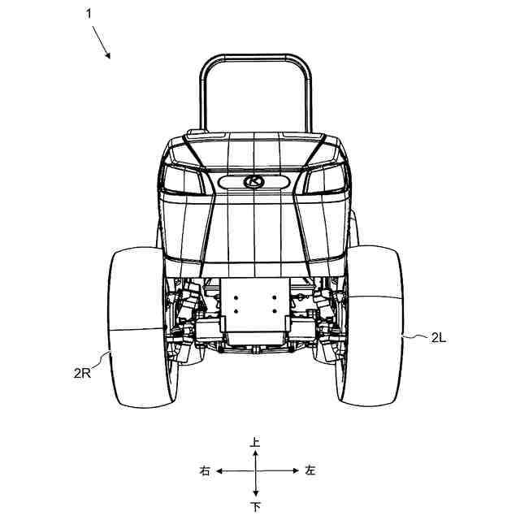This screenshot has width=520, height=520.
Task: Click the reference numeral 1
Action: pos(89,14)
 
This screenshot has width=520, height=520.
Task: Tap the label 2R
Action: pos(82,374)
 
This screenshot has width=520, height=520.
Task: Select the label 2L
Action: pos(439,338)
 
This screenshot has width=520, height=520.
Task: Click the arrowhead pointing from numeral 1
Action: pos(107,55)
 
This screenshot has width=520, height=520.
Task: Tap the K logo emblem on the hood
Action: pos(254,181)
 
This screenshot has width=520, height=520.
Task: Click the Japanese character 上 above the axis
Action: pos(254,442)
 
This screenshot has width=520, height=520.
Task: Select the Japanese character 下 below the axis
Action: pos(255,507)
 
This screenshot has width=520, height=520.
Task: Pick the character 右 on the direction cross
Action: pos(205,470)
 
